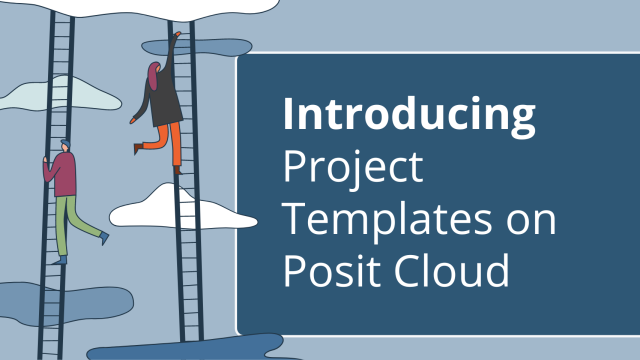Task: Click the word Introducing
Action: pos(408,116)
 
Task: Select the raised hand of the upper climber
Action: pos(178,36)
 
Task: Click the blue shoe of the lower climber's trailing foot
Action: pos(104,236)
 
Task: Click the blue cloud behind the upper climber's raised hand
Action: pos(200,46)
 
